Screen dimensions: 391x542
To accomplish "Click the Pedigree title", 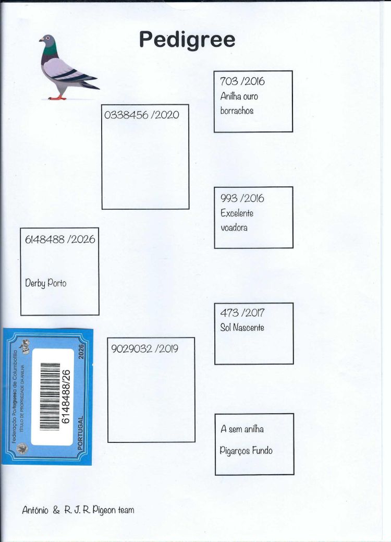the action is (187, 40).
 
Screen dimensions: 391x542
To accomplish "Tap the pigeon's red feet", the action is (57, 98).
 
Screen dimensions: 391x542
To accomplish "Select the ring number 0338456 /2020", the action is (142, 115).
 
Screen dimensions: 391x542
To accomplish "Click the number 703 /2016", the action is (242, 81).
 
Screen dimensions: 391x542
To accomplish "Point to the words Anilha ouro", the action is (239, 96).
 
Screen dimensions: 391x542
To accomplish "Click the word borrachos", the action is (237, 111).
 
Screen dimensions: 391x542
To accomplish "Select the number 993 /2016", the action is (242, 198).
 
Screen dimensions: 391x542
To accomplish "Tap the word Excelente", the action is (237, 213).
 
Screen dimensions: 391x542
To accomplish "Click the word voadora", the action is (234, 228).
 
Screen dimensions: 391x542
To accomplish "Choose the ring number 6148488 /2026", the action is (60, 239).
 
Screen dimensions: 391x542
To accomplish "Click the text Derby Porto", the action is (45, 283).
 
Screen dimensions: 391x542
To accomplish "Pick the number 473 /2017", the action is (242, 313).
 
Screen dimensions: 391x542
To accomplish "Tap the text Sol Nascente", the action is (242, 327).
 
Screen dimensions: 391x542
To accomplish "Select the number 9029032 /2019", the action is (145, 348).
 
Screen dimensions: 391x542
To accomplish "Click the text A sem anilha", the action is (242, 429).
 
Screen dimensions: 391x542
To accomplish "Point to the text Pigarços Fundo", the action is (246, 451).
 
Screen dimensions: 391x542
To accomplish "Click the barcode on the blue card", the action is (50, 396).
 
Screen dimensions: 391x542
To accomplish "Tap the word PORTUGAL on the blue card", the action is (80, 433).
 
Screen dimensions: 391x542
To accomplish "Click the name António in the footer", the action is (35, 510).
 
